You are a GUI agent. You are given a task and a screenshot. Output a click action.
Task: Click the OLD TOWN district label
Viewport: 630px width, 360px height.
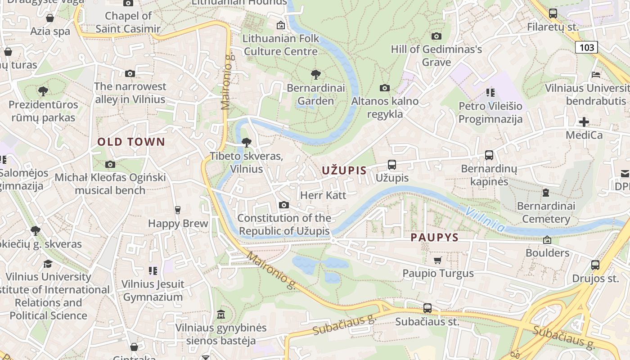tap(131, 142)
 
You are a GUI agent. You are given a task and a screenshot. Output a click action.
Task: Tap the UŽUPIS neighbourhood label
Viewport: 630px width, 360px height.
tap(344, 171)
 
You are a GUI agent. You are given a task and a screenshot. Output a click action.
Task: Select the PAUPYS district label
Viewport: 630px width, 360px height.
tap(434, 238)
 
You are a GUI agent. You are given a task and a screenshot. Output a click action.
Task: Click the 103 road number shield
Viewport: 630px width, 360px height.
tap(586, 47)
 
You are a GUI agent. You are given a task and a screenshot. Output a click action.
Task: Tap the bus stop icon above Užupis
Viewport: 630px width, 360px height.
tap(392, 165)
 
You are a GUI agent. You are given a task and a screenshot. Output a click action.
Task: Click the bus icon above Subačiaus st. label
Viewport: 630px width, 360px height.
tap(427, 308)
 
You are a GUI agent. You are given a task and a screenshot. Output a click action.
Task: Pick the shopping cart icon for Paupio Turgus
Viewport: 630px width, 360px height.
tap(437, 260)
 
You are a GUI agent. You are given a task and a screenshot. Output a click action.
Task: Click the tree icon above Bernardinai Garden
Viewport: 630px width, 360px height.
tap(316, 75)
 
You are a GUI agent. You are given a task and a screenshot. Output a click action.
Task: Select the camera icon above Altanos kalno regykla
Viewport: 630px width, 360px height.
tap(385, 88)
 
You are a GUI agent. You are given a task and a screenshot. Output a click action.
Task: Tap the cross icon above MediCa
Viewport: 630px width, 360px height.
tap(584, 122)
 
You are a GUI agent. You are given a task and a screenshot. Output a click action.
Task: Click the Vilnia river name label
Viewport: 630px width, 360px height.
tap(485, 219)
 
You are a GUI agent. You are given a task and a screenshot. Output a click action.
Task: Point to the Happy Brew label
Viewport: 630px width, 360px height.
tap(178, 223)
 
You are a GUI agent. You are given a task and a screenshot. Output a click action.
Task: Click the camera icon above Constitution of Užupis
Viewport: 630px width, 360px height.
tap(283, 205)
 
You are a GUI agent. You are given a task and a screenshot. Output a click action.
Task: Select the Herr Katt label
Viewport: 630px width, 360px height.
tap(323, 195)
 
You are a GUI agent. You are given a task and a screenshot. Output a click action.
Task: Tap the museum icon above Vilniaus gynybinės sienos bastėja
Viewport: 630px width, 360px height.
tap(220, 314)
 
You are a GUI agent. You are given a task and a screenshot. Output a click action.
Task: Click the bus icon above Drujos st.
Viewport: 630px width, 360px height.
tap(595, 265)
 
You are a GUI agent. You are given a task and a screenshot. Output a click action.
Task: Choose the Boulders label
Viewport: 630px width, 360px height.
tap(547, 252)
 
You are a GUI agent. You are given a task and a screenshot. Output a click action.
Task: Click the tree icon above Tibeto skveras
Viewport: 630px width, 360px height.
tap(246, 143)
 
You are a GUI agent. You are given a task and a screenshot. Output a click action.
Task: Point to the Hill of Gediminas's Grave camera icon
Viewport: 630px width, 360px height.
tap(436, 36)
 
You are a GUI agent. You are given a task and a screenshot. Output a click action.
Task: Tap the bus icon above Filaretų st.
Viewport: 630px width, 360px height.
tap(553, 13)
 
